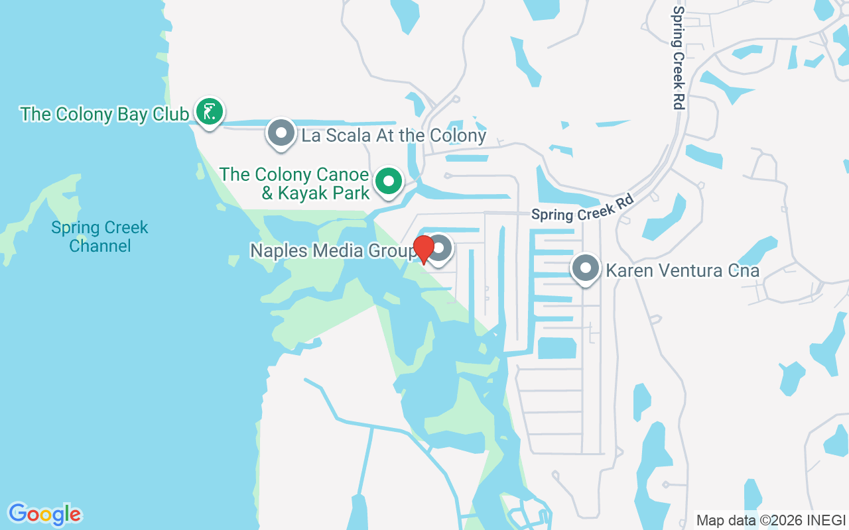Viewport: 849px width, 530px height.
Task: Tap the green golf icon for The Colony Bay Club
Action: [x=210, y=112]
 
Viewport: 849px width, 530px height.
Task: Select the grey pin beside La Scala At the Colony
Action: [x=281, y=133]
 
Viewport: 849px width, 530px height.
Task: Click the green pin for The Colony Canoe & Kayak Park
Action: [x=389, y=181]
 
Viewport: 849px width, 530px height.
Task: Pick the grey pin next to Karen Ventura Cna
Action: [x=585, y=269]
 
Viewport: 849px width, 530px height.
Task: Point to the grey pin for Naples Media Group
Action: [x=440, y=250]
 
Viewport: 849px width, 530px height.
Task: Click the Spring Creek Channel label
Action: [x=100, y=237]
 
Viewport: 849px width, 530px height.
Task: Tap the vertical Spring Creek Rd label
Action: [x=677, y=58]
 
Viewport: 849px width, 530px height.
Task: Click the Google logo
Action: [x=45, y=514]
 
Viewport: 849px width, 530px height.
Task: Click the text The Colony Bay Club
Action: [x=104, y=114]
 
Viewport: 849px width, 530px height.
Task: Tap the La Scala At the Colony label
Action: [x=394, y=136]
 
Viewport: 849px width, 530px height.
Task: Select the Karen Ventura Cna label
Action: [x=683, y=271]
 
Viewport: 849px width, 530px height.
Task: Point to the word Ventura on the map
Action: [x=686, y=271]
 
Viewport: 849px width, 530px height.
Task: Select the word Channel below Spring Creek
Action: [x=100, y=246]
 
